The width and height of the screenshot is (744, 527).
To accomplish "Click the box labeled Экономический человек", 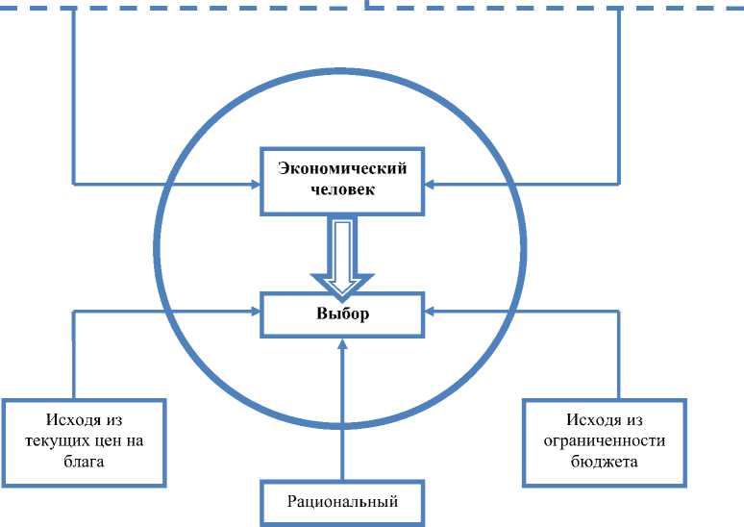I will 342,180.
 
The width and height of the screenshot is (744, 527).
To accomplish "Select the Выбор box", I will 342,314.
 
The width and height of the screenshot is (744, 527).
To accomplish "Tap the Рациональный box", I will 342,501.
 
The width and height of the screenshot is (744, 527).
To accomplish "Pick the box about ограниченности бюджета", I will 605,440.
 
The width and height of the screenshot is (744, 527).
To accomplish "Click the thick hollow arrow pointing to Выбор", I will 342,255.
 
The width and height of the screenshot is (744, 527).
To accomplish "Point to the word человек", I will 342,189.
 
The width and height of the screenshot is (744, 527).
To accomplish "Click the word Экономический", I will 342,169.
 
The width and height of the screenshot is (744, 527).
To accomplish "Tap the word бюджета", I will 605,461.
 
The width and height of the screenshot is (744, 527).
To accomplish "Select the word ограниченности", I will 605,440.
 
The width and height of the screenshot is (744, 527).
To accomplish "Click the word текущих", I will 64,440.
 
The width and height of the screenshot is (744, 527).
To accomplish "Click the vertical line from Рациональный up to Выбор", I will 342,414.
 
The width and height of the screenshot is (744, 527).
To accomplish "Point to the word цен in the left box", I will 110,440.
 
